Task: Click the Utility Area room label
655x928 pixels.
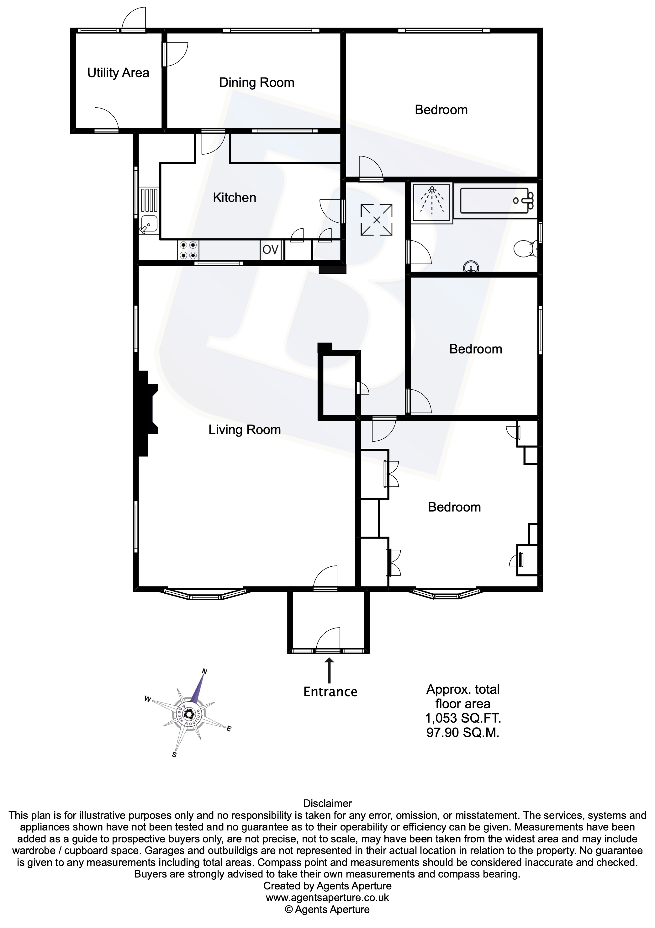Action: point(118,73)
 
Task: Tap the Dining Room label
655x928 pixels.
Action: point(256,83)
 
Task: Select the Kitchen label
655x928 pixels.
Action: point(234,198)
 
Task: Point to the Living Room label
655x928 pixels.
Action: point(245,430)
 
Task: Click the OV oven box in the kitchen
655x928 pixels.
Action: point(270,250)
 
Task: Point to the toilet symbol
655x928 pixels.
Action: point(526,249)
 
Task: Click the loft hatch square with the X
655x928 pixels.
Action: point(376,220)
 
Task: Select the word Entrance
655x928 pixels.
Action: point(330,692)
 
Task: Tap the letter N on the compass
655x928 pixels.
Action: point(204,672)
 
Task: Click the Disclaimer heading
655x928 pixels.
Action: point(327,803)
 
